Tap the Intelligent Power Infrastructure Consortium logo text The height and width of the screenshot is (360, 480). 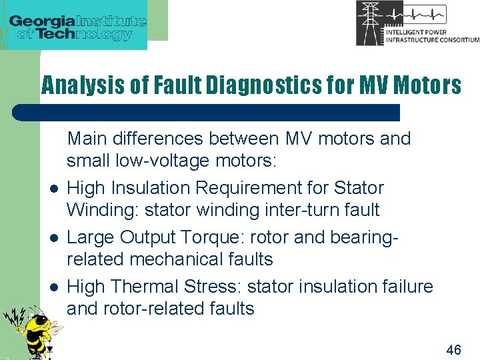coord(432,35)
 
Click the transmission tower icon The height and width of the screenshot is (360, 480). coord(370,23)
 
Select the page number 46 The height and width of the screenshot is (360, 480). coord(453,349)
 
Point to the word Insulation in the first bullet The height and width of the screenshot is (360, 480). coord(151,188)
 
